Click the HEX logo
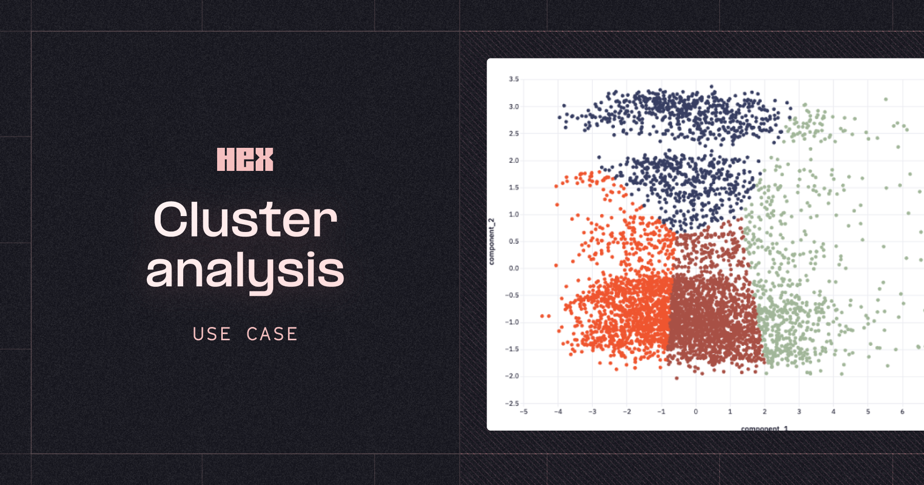point(245,159)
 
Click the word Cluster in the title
point(245,220)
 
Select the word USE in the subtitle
point(211,334)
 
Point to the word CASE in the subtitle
point(272,334)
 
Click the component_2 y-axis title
point(492,241)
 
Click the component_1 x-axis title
point(764,428)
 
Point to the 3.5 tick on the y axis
point(514,79)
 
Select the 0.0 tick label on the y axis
point(514,268)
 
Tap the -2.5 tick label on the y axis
point(512,403)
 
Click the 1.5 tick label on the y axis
point(514,187)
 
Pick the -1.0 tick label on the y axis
point(512,322)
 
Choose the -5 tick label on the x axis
point(524,412)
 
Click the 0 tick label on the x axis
point(696,412)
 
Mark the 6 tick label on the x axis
point(902,412)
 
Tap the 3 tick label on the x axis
point(799,412)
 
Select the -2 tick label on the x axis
point(627,412)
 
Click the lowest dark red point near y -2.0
point(677,378)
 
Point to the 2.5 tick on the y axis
point(514,133)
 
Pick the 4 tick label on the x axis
point(833,412)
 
